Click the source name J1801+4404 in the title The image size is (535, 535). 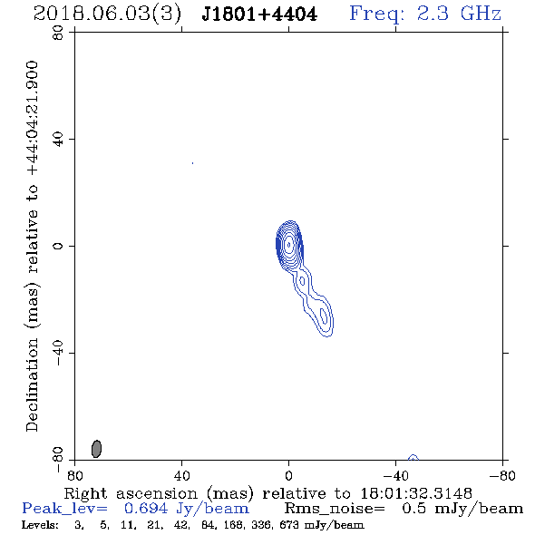click(259, 15)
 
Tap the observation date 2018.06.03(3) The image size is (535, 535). click(108, 15)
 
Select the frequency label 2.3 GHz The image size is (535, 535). click(459, 14)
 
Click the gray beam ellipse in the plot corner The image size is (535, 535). click(96, 449)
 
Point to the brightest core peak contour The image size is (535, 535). click(289, 244)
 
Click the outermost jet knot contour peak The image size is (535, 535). click(323, 316)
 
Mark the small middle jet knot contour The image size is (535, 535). click(302, 281)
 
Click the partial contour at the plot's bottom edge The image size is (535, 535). click(413, 457)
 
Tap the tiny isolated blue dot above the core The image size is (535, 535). click(193, 163)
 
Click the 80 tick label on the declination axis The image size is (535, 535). click(58, 33)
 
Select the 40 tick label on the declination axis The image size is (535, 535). click(58, 140)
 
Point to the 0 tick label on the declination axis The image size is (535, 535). click(58, 246)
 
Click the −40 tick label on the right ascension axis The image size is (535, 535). click(395, 476)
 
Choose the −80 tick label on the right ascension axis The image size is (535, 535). click(502, 476)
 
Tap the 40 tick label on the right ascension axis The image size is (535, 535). click(181, 476)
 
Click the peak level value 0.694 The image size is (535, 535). click(146, 509)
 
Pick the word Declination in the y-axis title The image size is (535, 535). click(32, 384)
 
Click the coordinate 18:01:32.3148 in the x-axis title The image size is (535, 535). click(416, 493)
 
